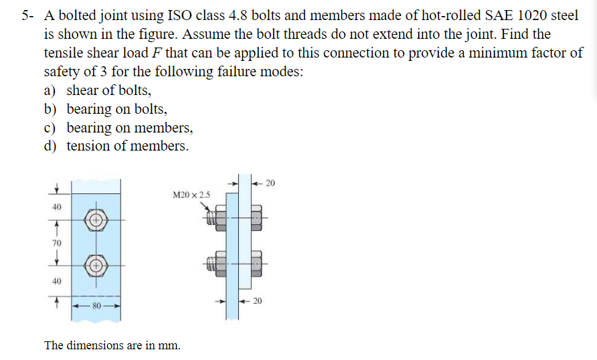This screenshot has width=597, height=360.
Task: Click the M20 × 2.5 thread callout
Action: [x=191, y=195]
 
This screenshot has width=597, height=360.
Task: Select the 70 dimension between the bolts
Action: [x=57, y=242]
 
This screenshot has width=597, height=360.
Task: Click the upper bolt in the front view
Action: [x=96, y=219]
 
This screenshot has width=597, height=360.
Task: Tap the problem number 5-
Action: [x=27, y=16]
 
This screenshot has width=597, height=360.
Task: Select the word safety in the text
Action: [x=64, y=72]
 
